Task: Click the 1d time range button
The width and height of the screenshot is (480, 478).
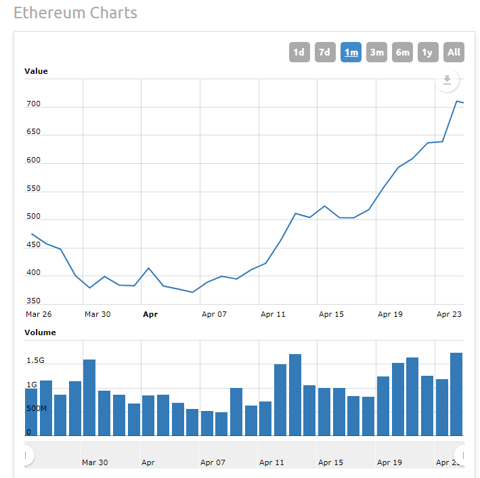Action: [299, 52]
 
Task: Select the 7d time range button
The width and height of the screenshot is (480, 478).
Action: [325, 52]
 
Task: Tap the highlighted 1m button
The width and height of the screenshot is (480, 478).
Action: [351, 52]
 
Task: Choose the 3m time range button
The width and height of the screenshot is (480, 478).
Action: [376, 52]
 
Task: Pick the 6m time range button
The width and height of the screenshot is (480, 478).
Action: [402, 52]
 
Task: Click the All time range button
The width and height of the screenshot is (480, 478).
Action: [454, 52]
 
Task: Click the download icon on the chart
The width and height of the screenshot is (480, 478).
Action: [447, 80]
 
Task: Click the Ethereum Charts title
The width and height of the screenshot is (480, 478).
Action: [75, 13]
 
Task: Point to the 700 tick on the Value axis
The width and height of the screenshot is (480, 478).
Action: [34, 104]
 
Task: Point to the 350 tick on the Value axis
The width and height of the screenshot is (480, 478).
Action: [34, 301]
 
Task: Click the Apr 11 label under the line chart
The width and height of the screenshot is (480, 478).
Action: [273, 314]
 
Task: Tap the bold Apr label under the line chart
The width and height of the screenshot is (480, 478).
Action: [150, 314]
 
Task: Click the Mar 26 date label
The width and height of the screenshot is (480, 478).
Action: [39, 314]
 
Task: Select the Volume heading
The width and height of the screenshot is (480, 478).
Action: [40, 332]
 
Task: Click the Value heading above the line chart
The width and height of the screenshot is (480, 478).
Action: [36, 71]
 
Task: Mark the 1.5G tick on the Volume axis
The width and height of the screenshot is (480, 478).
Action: [35, 361]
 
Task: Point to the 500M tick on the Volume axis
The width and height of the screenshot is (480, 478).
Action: [37, 409]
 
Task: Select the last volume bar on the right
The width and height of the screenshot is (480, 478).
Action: [456, 394]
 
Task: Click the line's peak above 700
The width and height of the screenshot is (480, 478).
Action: [458, 101]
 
